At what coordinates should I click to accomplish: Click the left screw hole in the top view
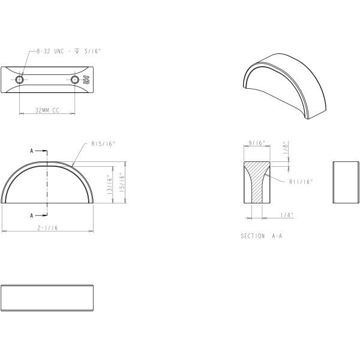coord(20,80)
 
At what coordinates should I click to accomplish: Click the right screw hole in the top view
coord(74,80)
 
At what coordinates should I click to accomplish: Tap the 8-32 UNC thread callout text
coord(69,51)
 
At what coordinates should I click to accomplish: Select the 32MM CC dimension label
coord(47,110)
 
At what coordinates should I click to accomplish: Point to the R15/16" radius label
coord(103,144)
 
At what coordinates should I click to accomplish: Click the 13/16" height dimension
coord(110,185)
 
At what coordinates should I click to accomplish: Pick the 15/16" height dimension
coord(122,182)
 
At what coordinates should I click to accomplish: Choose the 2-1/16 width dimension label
coord(47,228)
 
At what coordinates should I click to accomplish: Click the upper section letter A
coord(32,151)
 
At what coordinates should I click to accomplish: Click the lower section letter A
coord(32,215)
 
